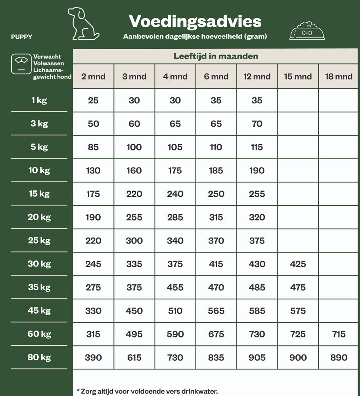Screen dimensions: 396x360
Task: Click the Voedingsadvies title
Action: (x=195, y=21)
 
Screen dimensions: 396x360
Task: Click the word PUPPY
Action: (x=22, y=37)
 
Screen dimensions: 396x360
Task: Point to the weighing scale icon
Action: (x=21, y=63)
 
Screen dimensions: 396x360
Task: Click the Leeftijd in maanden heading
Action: (x=216, y=56)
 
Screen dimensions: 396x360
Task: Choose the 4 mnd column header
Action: (x=175, y=76)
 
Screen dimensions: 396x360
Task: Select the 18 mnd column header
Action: (x=339, y=76)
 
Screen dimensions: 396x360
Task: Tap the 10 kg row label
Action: (x=39, y=170)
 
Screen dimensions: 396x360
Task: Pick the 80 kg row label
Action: (x=39, y=357)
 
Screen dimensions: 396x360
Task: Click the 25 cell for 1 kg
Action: (x=93, y=101)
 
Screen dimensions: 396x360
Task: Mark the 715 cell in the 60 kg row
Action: (x=339, y=334)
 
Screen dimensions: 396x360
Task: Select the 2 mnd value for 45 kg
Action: (x=93, y=311)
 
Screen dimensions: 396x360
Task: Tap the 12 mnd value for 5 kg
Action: (x=257, y=147)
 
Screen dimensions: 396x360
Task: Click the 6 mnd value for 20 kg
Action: (x=216, y=217)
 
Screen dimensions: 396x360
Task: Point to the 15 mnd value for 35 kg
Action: (x=298, y=287)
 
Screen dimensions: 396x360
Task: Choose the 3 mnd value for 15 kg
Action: (x=134, y=194)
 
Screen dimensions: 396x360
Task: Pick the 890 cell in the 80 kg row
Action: (x=339, y=358)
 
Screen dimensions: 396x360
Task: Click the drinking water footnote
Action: (x=147, y=391)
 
